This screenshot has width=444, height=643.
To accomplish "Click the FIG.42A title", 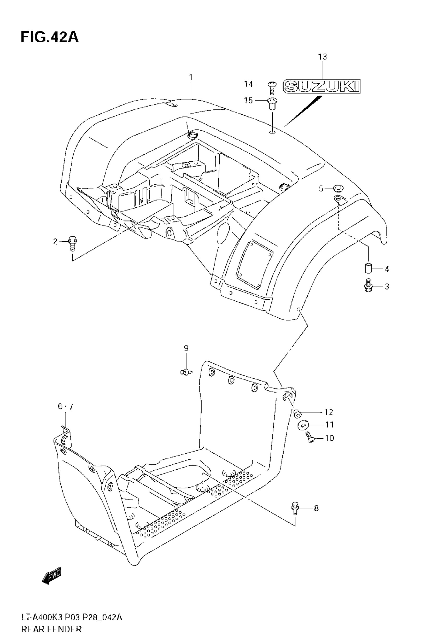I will (x=50, y=37).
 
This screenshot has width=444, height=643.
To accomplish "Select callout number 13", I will (x=323, y=57).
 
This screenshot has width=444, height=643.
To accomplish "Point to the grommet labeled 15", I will (x=272, y=104).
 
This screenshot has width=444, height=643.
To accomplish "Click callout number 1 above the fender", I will (x=191, y=77).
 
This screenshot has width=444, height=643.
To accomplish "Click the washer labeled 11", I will (x=303, y=425).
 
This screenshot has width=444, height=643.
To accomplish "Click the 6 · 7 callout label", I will (x=65, y=407).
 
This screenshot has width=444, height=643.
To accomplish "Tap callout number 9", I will (x=186, y=348).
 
